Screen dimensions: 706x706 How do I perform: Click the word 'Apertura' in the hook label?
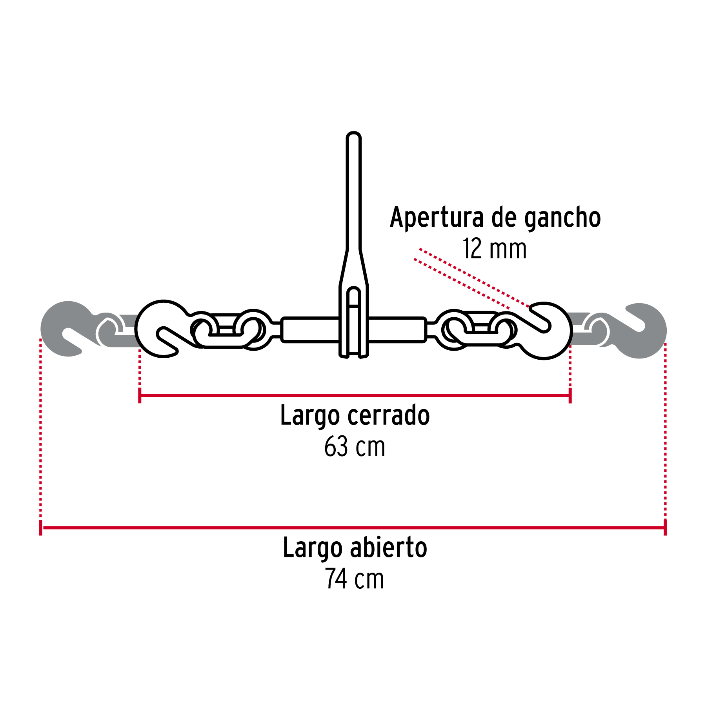437,218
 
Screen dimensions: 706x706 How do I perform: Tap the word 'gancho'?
562,218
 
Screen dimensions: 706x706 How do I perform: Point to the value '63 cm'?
355,447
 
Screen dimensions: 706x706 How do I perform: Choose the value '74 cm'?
355,579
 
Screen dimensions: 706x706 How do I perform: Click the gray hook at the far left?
67,329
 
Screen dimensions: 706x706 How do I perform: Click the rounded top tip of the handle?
353,136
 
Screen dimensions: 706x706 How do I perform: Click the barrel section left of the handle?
310,330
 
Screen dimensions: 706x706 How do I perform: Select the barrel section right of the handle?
397,330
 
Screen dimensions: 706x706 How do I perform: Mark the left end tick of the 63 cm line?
140,395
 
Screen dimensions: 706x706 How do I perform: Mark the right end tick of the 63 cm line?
570,395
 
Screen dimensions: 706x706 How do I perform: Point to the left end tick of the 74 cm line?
41,528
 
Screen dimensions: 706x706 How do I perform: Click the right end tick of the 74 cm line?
665,528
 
